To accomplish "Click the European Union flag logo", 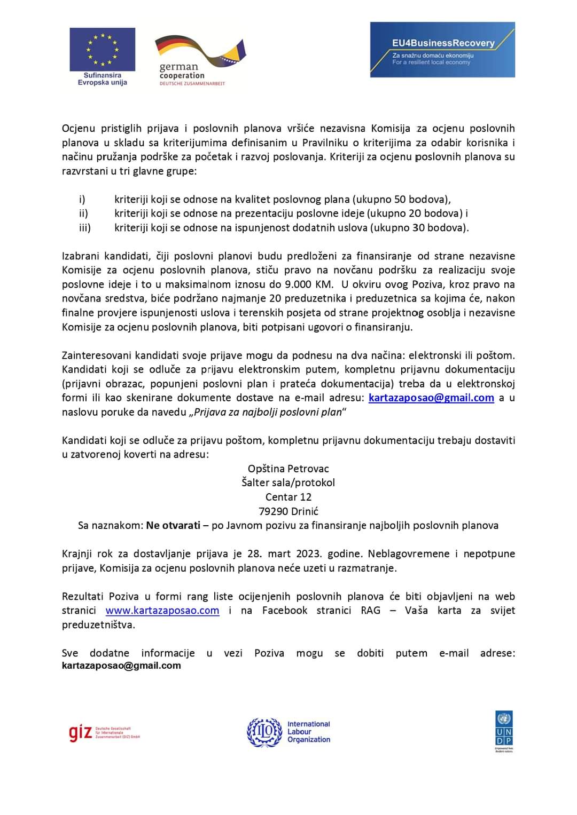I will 102,50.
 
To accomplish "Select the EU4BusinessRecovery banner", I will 442,50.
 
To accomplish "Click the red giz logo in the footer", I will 80,733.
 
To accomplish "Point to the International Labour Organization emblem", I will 264,732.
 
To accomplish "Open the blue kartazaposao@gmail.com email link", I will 431,398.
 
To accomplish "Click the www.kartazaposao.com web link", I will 162,611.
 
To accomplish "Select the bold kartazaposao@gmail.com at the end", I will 121,666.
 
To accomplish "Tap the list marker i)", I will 82,200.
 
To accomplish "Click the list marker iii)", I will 85,228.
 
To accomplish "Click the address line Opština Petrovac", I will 288,469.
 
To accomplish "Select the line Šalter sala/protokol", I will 288,482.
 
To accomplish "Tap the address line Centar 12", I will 288,497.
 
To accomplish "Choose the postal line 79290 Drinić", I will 288,511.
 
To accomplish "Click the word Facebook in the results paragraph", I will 285,611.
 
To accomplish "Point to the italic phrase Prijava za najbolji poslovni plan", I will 268,412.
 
